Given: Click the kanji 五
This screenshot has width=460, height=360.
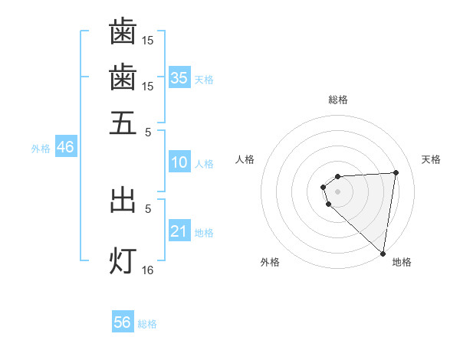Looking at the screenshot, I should coord(123,123).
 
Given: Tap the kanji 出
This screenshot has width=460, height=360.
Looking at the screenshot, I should coord(123,201).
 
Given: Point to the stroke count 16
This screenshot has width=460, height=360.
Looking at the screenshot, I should coord(148,270).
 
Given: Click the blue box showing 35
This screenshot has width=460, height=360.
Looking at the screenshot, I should coord(179,77).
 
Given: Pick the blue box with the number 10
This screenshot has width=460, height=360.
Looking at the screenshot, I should coord(179,162).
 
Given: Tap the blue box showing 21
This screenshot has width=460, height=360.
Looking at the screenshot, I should coord(179,231).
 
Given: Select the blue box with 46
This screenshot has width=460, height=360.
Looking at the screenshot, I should coord(65,147).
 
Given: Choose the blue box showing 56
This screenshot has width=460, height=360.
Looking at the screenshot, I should coord(123,322).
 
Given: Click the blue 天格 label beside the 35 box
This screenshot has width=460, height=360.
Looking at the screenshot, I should coord(204,79).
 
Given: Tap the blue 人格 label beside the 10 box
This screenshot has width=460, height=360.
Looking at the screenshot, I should coord(204,164).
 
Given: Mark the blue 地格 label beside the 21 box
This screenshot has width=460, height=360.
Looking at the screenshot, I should coord(204,233).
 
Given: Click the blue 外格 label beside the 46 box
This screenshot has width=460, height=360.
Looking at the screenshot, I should coord(41,149).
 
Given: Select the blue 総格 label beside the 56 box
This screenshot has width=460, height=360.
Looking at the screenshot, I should coord(147,324).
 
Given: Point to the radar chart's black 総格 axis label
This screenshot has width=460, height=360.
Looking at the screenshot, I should coord(338,100).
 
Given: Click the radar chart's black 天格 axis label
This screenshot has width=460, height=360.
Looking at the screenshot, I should coord(432,159).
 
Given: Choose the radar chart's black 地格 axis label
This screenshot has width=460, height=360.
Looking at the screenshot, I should coord(402,262).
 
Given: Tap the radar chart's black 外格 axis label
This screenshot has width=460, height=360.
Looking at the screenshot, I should coord(270,262).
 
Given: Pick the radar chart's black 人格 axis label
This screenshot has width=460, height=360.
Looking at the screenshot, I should coord(245,159).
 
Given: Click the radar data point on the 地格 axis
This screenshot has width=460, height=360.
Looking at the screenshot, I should coord(382,254).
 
